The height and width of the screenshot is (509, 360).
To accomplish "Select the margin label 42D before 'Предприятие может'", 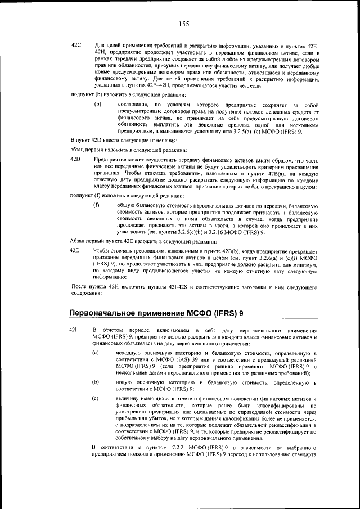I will pos(76,160).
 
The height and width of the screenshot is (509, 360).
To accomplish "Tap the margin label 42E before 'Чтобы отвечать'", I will pos(76,249).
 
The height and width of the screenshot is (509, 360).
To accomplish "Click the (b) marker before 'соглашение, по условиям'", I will pos(97,105).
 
